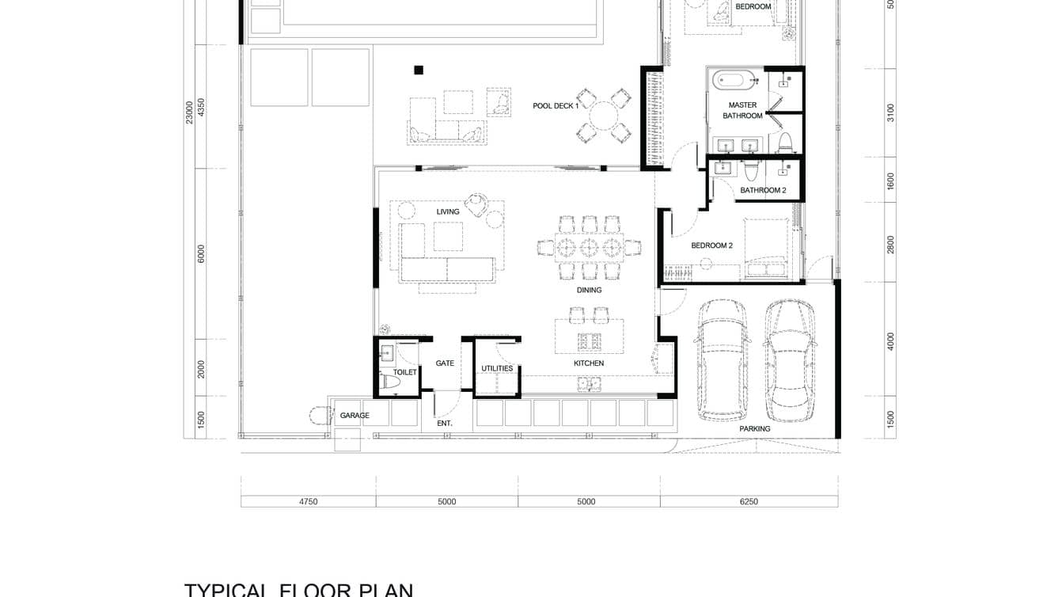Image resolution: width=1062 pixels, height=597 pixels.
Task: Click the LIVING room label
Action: click(x=448, y=211)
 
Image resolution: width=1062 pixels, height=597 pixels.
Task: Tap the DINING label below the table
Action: click(x=589, y=290)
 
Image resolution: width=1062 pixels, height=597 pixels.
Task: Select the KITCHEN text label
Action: click(x=589, y=363)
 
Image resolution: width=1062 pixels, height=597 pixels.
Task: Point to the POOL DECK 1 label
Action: click(x=556, y=105)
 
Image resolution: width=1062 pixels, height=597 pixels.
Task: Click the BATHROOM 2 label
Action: click(x=763, y=190)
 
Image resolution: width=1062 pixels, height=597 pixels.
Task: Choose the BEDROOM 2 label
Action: click(x=711, y=245)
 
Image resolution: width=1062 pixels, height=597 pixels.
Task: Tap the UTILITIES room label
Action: click(x=497, y=368)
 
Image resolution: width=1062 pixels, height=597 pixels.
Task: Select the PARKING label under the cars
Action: click(x=754, y=429)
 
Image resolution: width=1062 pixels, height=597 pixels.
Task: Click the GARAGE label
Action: click(x=355, y=416)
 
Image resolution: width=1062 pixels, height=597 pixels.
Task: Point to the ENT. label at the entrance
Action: click(x=445, y=424)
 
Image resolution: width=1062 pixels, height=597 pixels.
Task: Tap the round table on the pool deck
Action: click(x=605, y=116)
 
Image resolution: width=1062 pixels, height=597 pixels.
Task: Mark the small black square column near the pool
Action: click(x=419, y=70)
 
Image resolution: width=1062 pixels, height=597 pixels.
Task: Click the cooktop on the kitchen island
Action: click(x=589, y=341)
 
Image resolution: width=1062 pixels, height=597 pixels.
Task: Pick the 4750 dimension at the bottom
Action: click(x=308, y=501)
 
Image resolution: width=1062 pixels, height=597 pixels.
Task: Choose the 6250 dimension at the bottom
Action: click(x=748, y=501)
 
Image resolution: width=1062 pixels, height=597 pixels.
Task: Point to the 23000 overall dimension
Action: click(x=189, y=112)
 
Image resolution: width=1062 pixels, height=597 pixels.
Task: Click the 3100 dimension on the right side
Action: click(x=890, y=112)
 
